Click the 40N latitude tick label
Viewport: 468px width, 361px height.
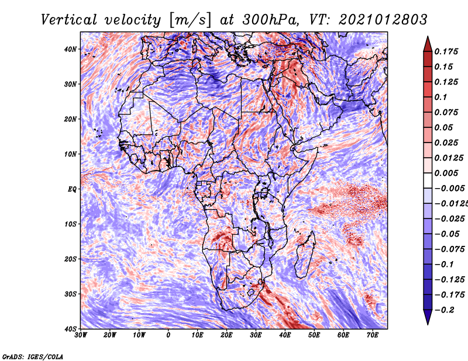coord(70,49)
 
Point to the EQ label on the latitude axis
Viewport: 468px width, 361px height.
coord(72,189)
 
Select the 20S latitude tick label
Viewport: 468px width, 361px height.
coord(70,259)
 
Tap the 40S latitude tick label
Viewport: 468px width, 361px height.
coord(70,329)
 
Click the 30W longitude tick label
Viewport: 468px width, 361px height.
coord(81,335)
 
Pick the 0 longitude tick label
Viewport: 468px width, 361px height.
coord(168,335)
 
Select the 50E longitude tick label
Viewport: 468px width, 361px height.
coord(314,335)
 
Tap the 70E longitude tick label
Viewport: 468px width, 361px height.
coord(373,335)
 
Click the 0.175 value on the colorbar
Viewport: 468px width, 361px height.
coord(446,51)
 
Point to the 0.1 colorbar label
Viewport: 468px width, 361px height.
coord(441,97)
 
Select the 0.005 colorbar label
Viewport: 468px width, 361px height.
coord(446,173)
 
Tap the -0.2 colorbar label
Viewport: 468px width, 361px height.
coord(444,310)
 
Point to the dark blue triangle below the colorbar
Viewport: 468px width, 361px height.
coord(428,317)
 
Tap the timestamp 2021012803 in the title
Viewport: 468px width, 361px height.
coord(383,20)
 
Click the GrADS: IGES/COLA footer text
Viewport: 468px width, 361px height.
coord(33,357)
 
